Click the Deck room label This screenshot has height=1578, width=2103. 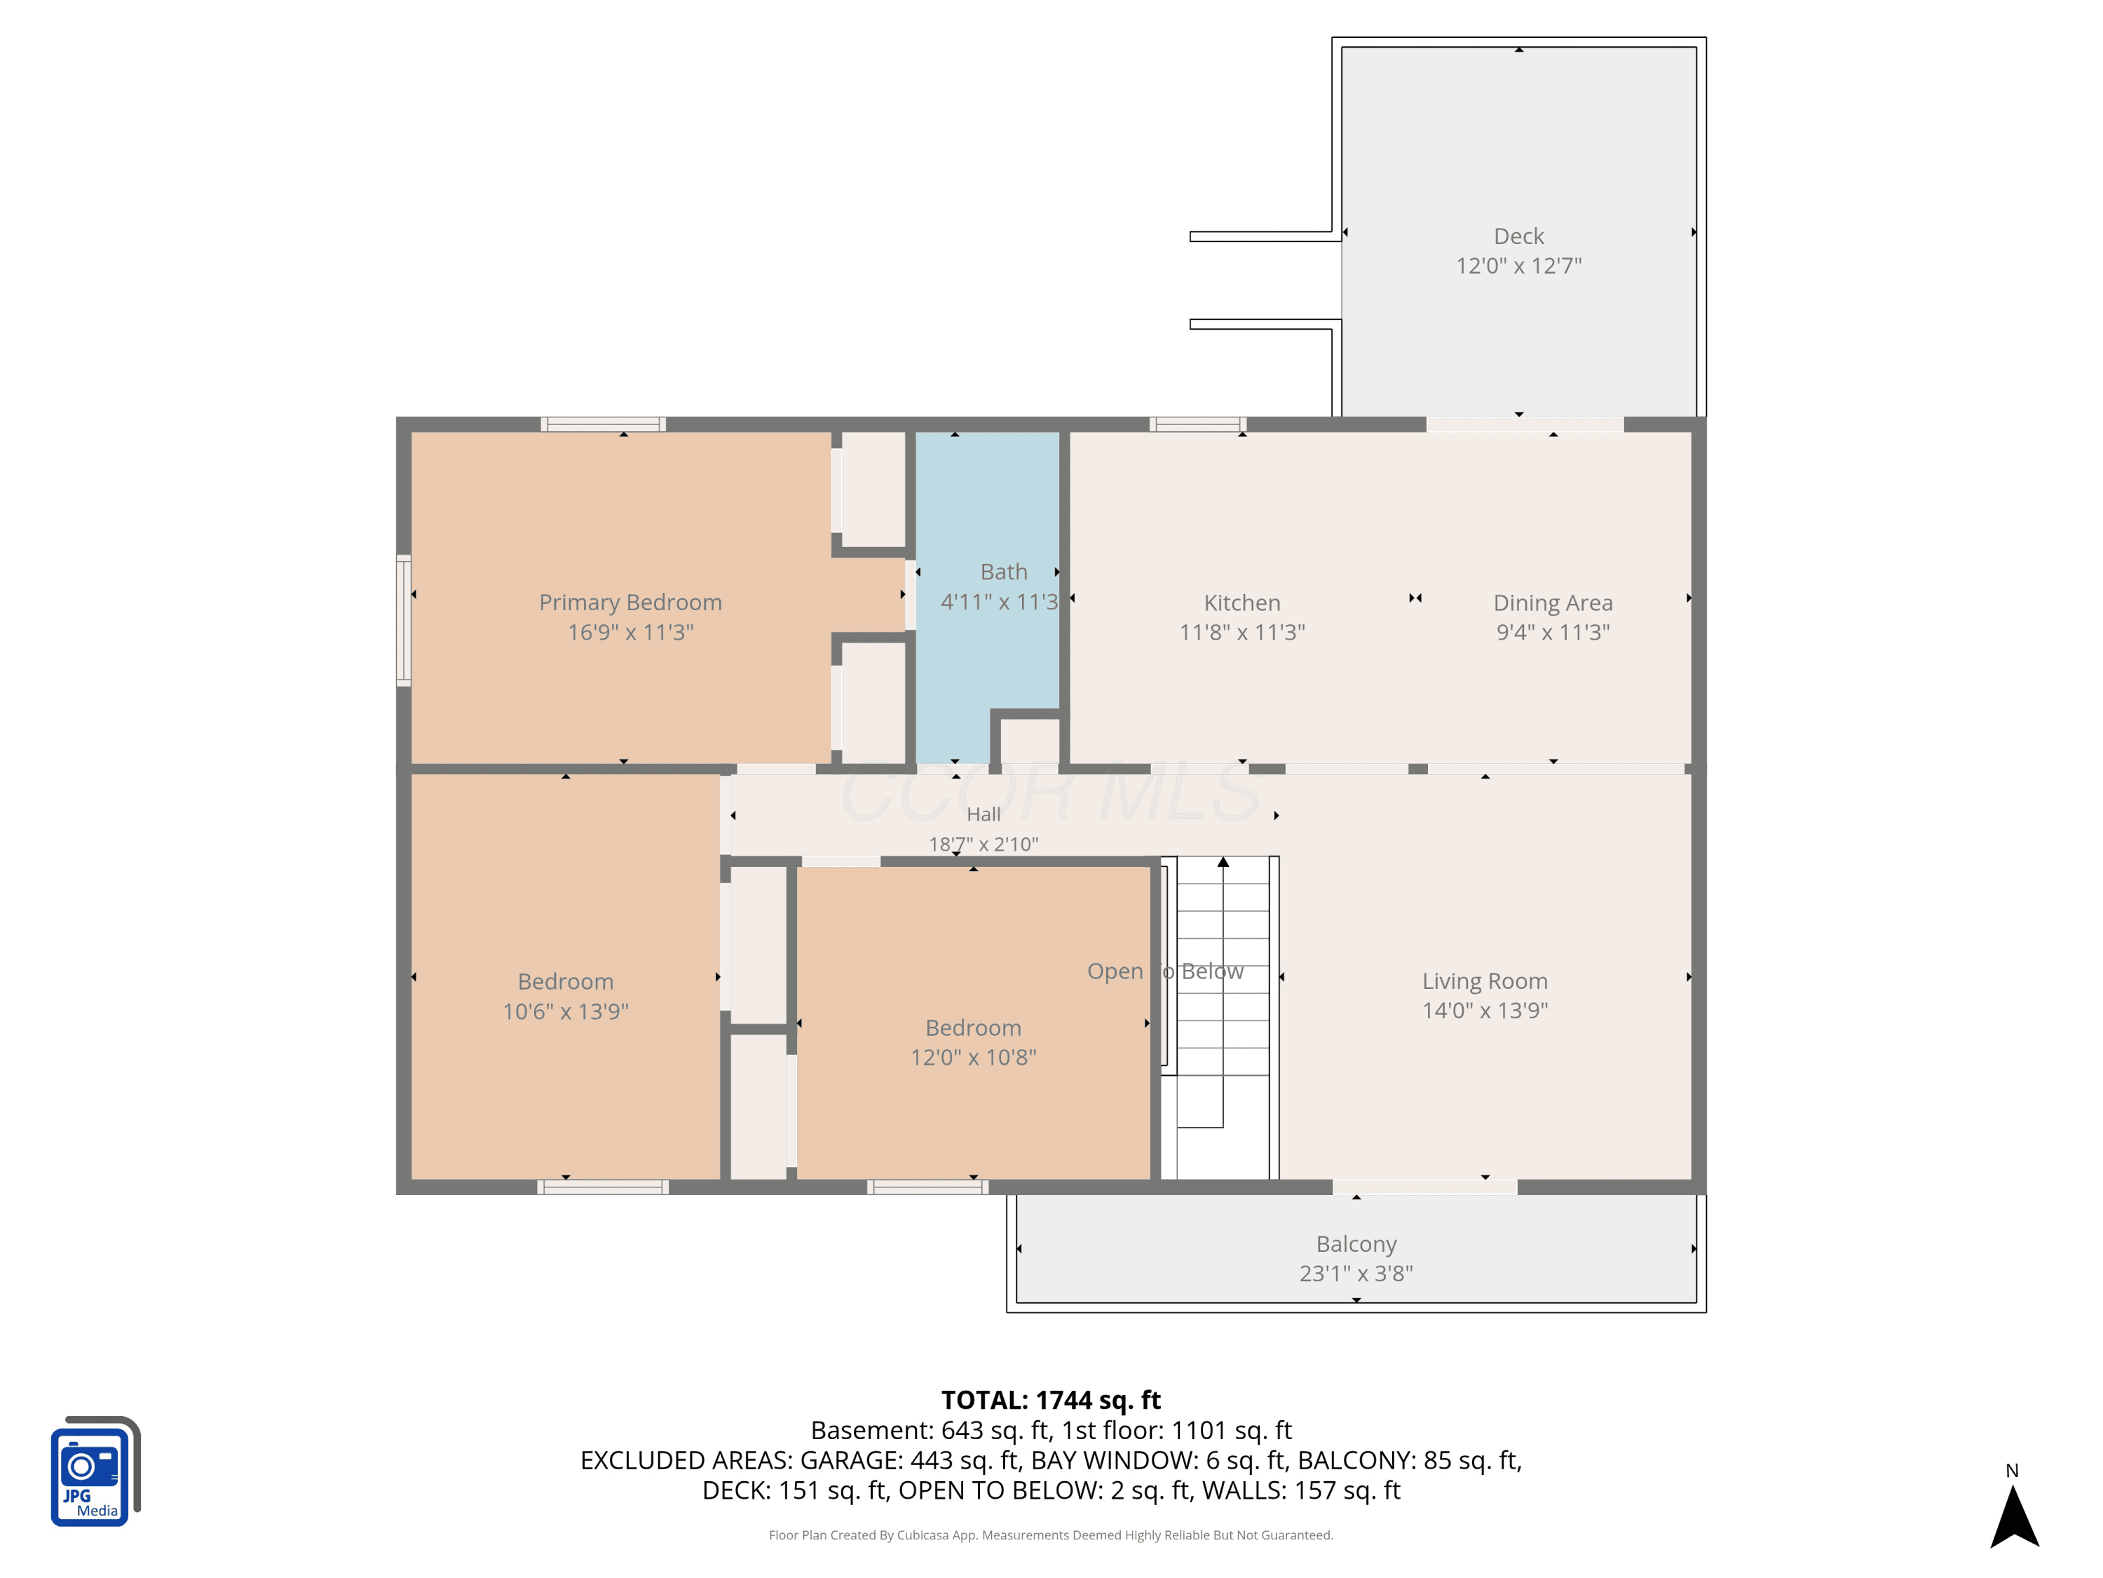[x=1518, y=236]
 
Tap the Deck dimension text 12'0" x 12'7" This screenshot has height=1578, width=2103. [x=1518, y=265]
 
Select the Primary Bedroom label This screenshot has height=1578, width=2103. [x=630, y=602]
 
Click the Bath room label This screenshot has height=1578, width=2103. [x=1004, y=572]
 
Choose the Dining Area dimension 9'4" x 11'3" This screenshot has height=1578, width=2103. [x=1553, y=632]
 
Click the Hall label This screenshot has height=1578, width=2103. [x=983, y=814]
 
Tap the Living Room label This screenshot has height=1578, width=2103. [x=1484, y=980]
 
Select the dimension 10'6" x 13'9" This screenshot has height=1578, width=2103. [x=566, y=1011]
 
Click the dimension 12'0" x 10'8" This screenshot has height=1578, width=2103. [x=972, y=1057]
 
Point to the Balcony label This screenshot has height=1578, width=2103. [x=1356, y=1244]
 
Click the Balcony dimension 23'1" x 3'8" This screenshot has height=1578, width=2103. [x=1356, y=1273]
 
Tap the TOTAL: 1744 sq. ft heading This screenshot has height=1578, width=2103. [x=1051, y=1400]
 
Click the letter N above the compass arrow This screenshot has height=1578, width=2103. [x=2012, y=1471]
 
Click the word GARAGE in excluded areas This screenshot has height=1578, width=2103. [x=851, y=1460]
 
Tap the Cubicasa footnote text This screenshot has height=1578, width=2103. [x=1051, y=1535]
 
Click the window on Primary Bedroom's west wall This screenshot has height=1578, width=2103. [x=404, y=620]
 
